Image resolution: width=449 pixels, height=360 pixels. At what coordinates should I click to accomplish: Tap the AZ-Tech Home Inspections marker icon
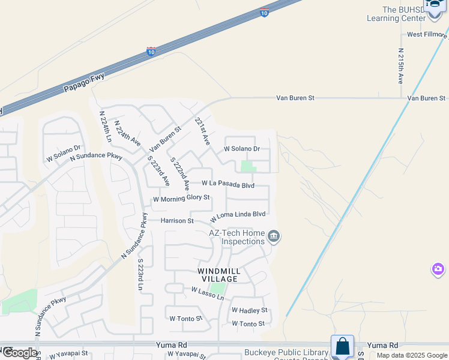pos(274,236)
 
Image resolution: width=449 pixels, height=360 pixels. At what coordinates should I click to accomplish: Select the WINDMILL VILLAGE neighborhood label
pos(219,275)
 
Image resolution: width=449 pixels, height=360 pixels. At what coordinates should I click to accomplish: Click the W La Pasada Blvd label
pos(228,184)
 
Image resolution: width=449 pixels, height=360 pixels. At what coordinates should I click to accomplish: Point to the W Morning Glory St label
pos(181,197)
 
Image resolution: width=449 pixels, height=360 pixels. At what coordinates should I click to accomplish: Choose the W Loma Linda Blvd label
pos(238,214)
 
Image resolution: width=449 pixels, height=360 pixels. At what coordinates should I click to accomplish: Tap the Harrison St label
pos(177,221)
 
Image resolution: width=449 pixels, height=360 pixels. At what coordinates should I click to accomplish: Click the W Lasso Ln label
pos(208,293)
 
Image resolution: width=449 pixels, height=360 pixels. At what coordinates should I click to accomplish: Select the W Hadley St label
pos(249,310)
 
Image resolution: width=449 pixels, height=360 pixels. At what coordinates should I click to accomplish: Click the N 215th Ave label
pos(401,66)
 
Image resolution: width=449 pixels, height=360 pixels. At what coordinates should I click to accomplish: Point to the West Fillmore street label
pos(427,35)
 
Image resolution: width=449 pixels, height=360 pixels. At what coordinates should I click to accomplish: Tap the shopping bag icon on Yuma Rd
pos(342,346)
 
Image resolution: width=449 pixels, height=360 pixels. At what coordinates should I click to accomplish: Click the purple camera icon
pos(438,269)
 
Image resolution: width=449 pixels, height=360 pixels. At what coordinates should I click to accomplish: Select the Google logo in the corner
pos(19,353)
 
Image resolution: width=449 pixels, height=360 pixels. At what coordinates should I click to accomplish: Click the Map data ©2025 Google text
pos(412,355)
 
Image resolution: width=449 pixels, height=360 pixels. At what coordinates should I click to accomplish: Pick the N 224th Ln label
pos(106,126)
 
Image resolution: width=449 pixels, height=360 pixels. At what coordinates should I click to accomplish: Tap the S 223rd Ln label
pos(140,275)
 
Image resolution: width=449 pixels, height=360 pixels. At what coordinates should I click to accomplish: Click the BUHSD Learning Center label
pos(396,14)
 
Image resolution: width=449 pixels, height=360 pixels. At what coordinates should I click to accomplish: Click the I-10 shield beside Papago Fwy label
pos(152,52)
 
